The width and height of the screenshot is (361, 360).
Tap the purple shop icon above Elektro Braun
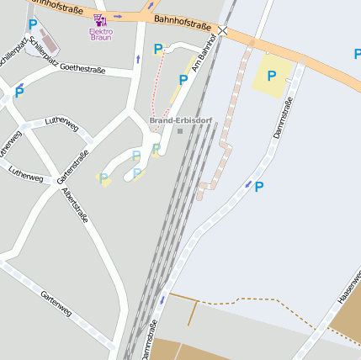click(x=100, y=19)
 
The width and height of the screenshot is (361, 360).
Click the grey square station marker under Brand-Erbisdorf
click(x=179, y=130)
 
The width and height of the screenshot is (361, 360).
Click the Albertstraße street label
click(x=75, y=205)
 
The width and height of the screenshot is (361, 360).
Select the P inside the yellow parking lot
click(x=271, y=76)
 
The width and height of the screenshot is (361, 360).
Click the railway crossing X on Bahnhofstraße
click(x=222, y=30)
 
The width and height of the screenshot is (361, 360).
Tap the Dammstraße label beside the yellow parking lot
click(x=283, y=119)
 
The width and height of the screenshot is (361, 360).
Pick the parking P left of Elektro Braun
click(x=33, y=25)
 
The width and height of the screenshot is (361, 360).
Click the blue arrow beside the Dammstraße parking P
click(x=247, y=183)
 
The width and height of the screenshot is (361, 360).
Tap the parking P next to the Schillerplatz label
click(x=19, y=94)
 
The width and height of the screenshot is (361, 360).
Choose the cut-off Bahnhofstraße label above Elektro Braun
click(x=59, y=8)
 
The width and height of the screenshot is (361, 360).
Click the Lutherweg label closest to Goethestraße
click(x=61, y=124)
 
